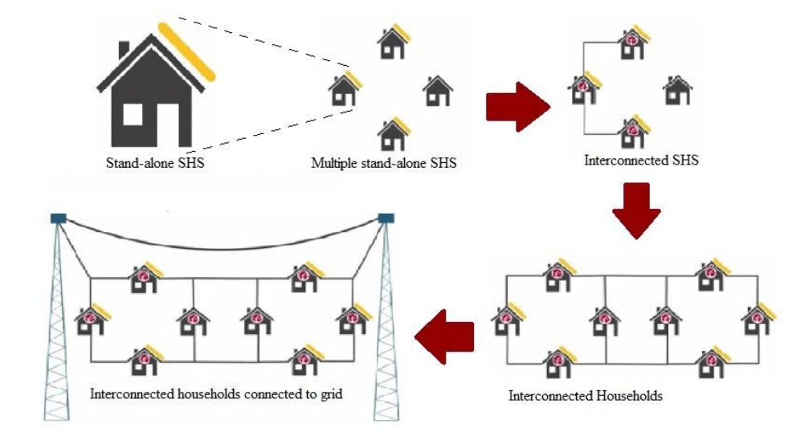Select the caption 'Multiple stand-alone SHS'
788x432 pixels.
(x=384, y=164)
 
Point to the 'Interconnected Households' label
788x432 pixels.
(x=586, y=396)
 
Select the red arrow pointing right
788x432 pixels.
(x=516, y=105)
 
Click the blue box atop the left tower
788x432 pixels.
(x=58, y=218)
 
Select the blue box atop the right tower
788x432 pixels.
(x=387, y=218)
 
